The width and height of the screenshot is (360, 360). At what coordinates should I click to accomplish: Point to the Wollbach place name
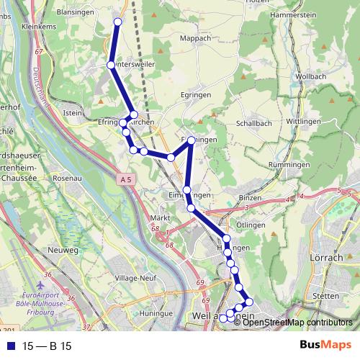pos(310,76)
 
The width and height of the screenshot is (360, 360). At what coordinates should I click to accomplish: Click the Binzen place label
pos(250,197)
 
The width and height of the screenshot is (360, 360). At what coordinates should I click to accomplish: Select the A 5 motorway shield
pos(127,177)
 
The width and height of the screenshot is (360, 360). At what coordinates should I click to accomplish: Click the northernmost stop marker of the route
pos(118,22)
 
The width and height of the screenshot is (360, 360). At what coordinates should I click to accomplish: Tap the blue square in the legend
pos(9,346)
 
